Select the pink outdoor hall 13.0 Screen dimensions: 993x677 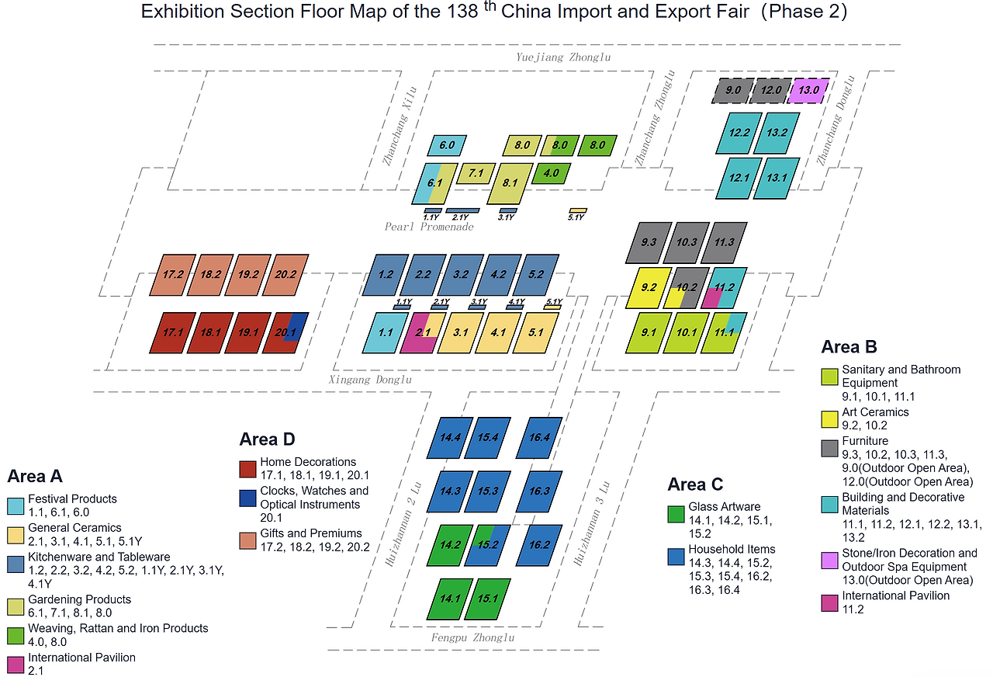click(x=809, y=91)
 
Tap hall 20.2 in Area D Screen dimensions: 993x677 click(x=285, y=274)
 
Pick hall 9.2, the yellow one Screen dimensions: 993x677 click(x=649, y=287)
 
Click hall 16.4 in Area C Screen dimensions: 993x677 click(x=538, y=438)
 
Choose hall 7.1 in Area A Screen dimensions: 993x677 click(x=476, y=173)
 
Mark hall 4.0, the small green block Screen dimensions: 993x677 click(x=552, y=173)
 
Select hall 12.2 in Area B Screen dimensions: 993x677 click(x=739, y=133)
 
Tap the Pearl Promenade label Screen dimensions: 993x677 click(x=429, y=227)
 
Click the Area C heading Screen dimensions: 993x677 click(x=695, y=485)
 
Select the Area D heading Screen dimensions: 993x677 click(x=267, y=439)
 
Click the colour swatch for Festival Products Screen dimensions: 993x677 click(x=16, y=506)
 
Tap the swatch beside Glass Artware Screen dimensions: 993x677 click(x=676, y=514)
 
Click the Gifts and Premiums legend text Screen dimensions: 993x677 click(x=311, y=533)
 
